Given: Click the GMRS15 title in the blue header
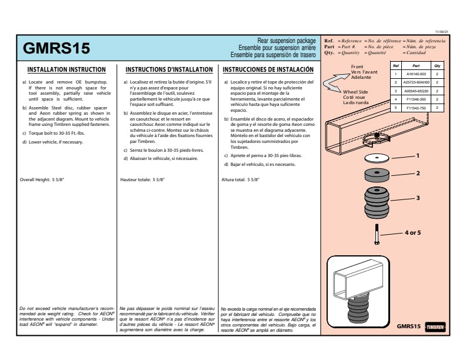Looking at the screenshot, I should (56, 48).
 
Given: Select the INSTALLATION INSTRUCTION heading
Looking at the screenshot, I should (66, 69).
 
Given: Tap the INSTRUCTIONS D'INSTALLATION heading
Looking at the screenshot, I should (169, 69).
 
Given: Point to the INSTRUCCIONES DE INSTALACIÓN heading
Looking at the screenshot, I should (268, 69).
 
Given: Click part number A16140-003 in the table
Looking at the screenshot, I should (416, 75).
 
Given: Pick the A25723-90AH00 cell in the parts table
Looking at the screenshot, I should (416, 83).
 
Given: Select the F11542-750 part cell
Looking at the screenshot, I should (416, 108).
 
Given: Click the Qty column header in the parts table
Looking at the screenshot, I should (437, 66).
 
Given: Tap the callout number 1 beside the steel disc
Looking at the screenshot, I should (418, 156).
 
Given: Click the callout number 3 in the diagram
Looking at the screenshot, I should (418, 198).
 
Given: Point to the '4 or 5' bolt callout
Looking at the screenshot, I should (412, 233).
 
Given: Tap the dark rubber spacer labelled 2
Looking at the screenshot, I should (377, 175).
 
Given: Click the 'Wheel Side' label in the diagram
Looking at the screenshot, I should (355, 92).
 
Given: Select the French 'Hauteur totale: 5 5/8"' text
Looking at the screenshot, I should (142, 179).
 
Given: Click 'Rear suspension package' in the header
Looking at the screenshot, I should (287, 41).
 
